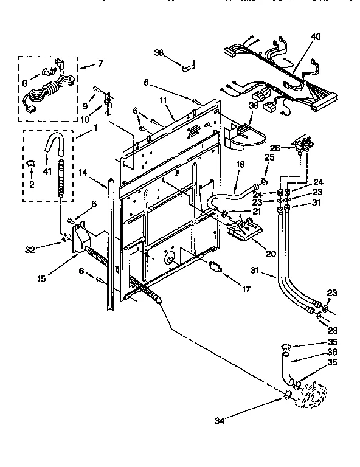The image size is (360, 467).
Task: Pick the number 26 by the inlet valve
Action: [274, 147]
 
